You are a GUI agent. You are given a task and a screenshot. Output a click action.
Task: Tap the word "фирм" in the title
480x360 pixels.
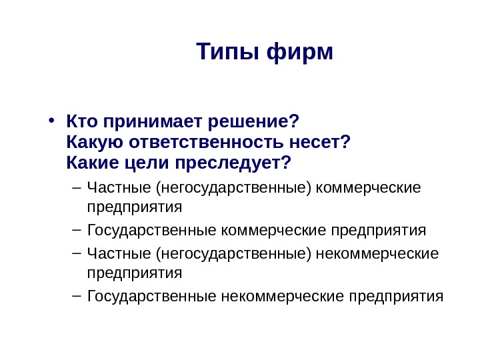[x=299, y=51]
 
